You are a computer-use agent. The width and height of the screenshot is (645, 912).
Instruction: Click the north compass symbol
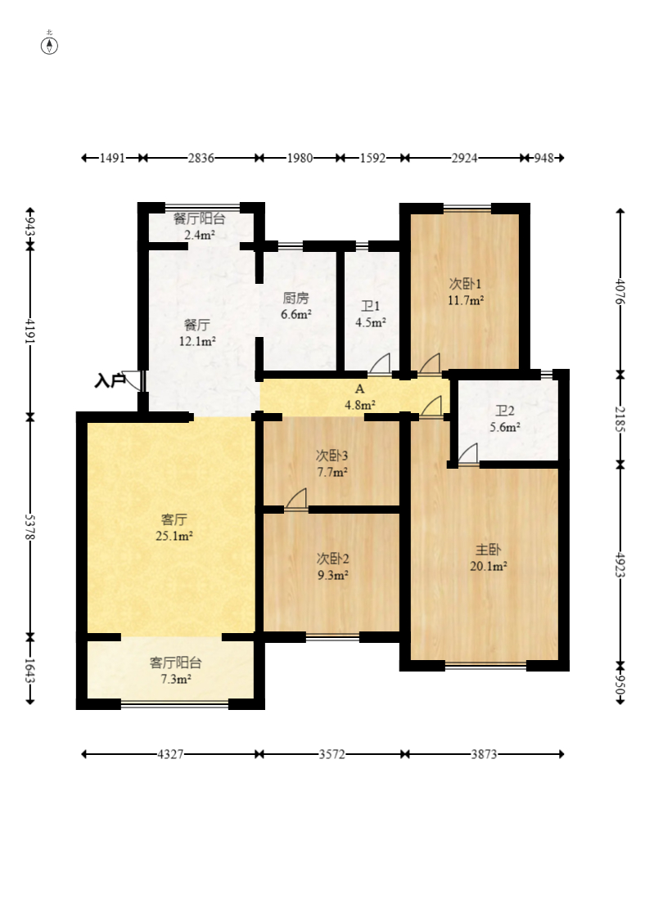[x=49, y=45]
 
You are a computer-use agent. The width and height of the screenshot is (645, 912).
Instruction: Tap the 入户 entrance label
[x=110, y=381]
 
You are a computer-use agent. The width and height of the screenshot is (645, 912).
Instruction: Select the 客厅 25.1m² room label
[x=174, y=528]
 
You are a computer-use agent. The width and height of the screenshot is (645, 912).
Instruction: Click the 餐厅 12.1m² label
[x=196, y=333]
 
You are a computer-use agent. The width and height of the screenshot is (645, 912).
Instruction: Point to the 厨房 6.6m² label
[x=295, y=307]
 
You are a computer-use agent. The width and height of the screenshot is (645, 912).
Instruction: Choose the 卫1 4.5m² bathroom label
[x=371, y=314]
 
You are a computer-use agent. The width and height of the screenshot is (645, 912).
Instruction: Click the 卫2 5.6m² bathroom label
[x=505, y=419]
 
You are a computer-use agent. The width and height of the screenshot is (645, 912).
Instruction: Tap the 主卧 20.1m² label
[x=488, y=558]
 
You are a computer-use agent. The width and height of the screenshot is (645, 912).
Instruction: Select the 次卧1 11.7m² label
[x=466, y=292]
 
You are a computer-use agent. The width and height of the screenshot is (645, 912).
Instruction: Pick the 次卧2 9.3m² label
[x=332, y=567]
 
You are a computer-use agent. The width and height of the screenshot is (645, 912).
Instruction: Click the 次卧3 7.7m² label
[x=332, y=464]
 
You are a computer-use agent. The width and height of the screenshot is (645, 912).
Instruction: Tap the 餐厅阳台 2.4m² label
[x=199, y=227]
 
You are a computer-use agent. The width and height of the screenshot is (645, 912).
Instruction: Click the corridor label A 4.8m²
[x=360, y=397]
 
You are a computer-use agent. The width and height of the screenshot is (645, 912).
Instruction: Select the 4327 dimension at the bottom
[x=170, y=754]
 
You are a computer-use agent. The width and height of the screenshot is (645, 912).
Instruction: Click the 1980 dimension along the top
[x=300, y=158]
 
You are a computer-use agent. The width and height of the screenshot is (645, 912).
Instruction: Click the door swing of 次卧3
[x=296, y=499]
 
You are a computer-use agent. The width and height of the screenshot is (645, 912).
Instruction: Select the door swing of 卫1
[x=380, y=363]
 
